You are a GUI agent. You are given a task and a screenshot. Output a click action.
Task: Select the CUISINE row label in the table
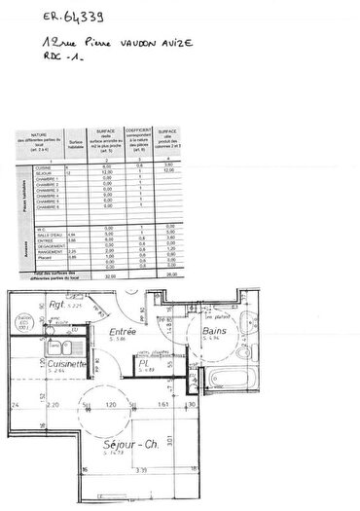point(43,166)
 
